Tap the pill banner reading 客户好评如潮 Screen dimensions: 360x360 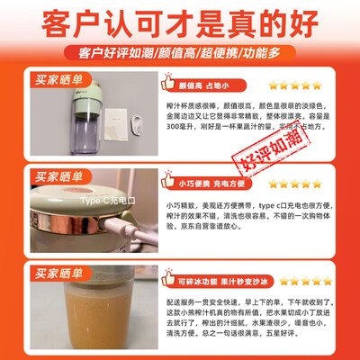tap(180, 52)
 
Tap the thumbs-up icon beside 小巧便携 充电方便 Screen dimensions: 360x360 tap(167, 180)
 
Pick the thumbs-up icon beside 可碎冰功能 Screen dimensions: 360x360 tap(167, 274)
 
